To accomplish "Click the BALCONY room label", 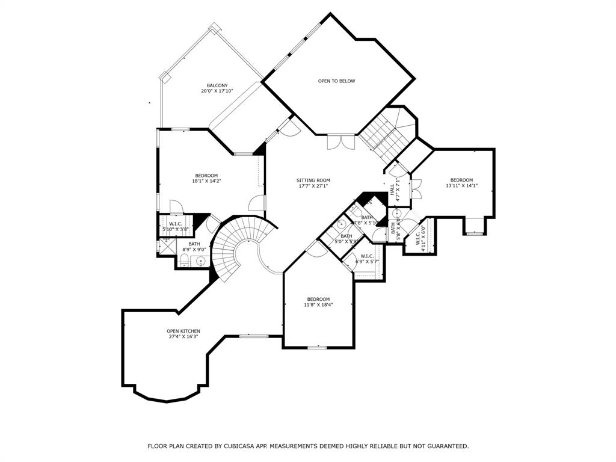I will point(217,85).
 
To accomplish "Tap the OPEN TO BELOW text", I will point(336,81).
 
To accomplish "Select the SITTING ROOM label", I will point(313,180).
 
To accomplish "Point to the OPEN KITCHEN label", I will point(183,331).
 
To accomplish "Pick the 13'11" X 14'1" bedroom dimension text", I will point(461,186).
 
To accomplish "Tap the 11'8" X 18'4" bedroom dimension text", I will point(318,305).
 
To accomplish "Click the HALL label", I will point(392,189).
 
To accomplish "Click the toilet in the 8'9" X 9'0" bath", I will point(185,260).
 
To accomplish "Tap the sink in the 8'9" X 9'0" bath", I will point(200,260).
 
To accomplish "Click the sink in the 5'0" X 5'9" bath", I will point(340,224).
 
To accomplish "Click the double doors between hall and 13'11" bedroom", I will point(416,189).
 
